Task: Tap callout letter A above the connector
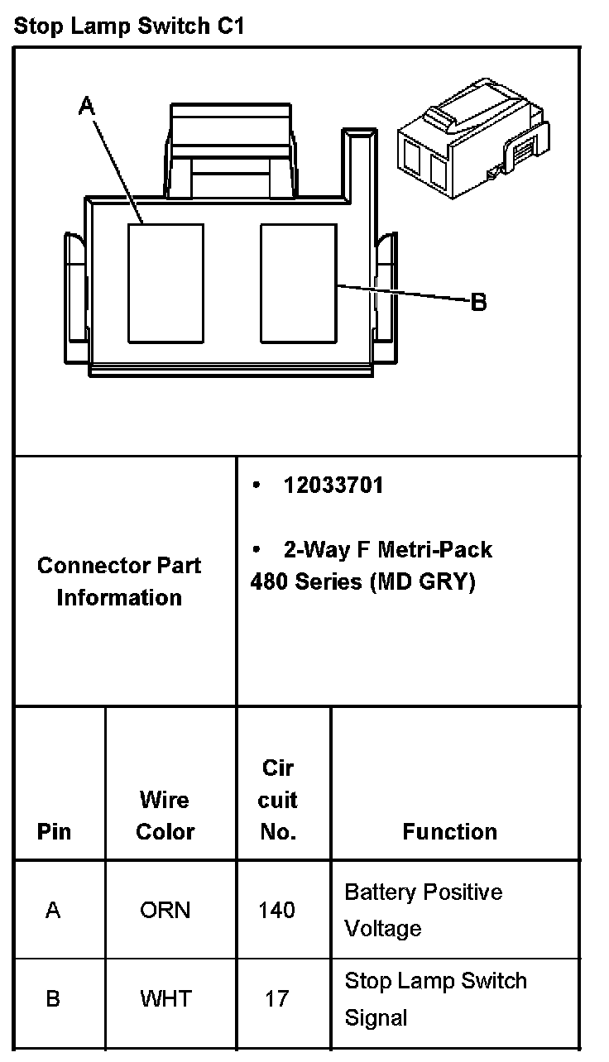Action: tap(87, 105)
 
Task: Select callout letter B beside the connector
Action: tap(478, 303)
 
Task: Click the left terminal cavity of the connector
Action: tap(165, 282)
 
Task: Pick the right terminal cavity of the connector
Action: tap(298, 282)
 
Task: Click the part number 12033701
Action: tap(333, 485)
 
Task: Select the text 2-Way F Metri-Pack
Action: tap(387, 550)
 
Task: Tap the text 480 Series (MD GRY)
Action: tap(362, 581)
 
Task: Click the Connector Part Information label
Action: tap(119, 581)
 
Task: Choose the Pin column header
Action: tap(54, 831)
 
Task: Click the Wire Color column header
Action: tap(165, 816)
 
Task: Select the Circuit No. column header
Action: tap(278, 800)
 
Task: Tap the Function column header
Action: tap(449, 831)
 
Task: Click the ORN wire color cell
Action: tap(165, 910)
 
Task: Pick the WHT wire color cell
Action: tap(165, 998)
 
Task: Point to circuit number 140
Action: tap(276, 910)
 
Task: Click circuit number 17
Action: tap(276, 998)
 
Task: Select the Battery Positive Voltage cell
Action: tap(423, 910)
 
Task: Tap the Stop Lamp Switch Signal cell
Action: tap(435, 998)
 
